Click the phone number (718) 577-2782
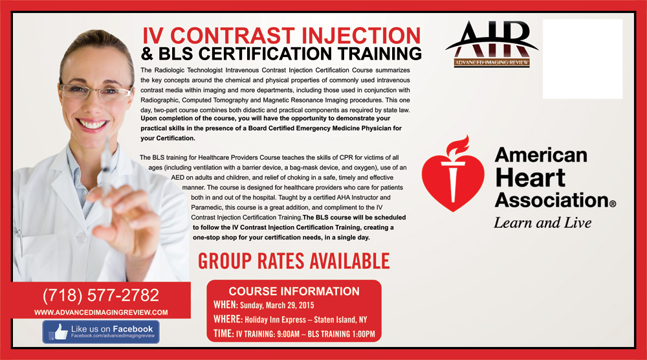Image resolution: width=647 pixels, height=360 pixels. click(x=101, y=295)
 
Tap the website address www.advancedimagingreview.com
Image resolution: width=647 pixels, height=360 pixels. click(x=101, y=313)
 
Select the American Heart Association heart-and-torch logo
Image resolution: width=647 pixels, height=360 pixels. click(x=453, y=174)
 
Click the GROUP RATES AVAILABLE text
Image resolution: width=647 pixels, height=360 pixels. click(x=294, y=261)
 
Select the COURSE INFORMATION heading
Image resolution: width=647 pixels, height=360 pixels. click(x=294, y=291)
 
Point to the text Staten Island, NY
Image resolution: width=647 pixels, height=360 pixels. click(x=340, y=320)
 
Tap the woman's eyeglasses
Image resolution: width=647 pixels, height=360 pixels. click(x=96, y=92)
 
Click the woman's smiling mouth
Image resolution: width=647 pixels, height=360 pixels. click(x=92, y=124)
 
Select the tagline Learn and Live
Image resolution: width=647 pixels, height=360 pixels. click(x=543, y=223)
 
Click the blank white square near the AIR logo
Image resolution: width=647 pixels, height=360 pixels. click(x=583, y=59)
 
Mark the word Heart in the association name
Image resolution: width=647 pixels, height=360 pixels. click(x=531, y=178)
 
